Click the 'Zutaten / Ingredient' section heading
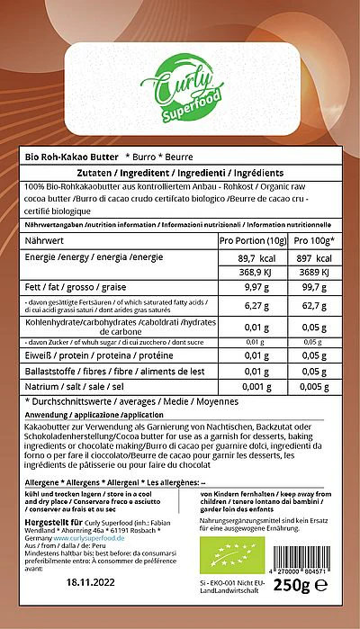[x=180, y=173]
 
